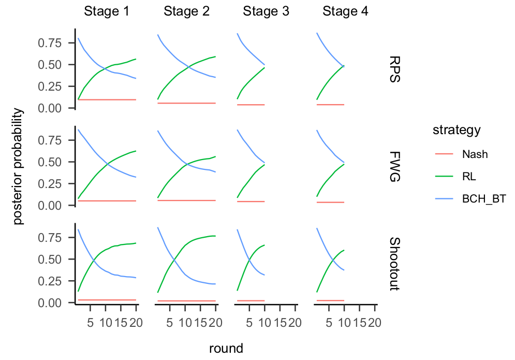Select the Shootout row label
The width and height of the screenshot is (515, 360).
pos(395,264)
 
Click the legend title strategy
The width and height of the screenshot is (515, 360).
pos(457,131)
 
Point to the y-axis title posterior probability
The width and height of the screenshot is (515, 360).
pos(19,166)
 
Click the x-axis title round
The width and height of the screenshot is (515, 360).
pos(226,348)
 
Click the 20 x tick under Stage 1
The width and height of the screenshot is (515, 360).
pos(136,323)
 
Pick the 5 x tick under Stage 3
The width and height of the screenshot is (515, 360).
pos(249,323)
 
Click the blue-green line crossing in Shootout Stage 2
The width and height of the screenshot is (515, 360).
pos(173,261)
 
